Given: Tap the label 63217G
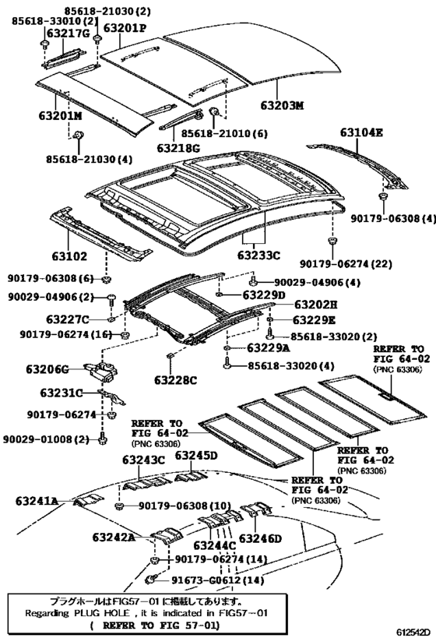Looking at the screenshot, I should [x=68, y=33].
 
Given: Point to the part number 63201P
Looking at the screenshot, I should [x=125, y=28].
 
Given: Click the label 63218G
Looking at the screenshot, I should [x=178, y=146].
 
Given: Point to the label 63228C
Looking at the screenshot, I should [x=175, y=379].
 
